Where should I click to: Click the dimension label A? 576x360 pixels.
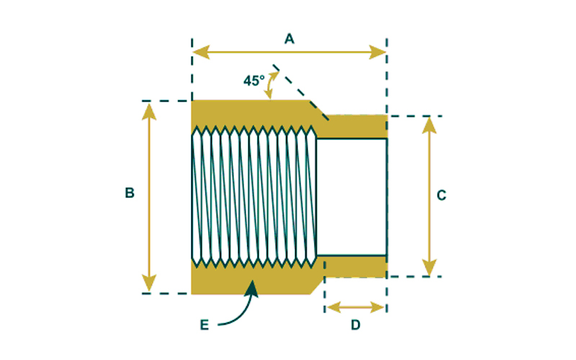[289, 39]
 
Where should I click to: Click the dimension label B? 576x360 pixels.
[130, 193]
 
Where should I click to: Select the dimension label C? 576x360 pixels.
[442, 194]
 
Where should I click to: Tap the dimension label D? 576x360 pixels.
[355, 325]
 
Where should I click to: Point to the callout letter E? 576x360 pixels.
[204, 325]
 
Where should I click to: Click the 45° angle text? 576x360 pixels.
[253, 81]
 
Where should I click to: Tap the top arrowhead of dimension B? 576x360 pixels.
[150, 109]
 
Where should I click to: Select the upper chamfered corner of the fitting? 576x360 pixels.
[318, 109]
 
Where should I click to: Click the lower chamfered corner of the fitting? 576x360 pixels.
[316, 285]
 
